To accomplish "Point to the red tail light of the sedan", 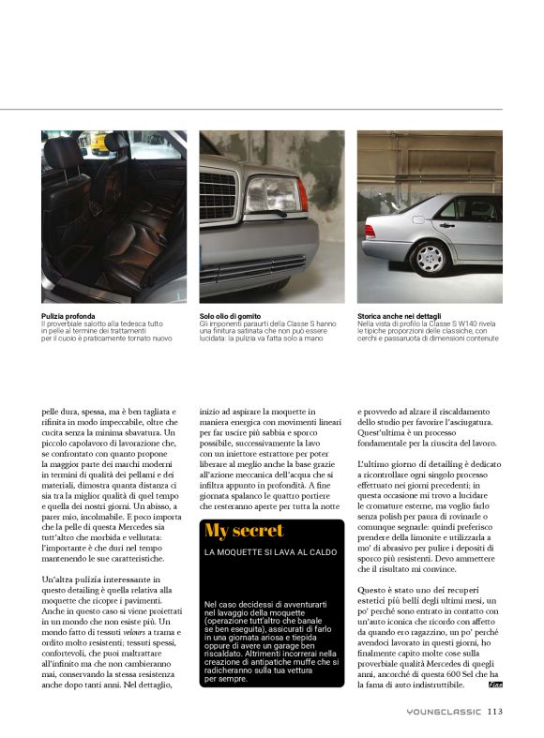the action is click(365, 226).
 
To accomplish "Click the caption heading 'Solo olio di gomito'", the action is click(230, 316).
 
